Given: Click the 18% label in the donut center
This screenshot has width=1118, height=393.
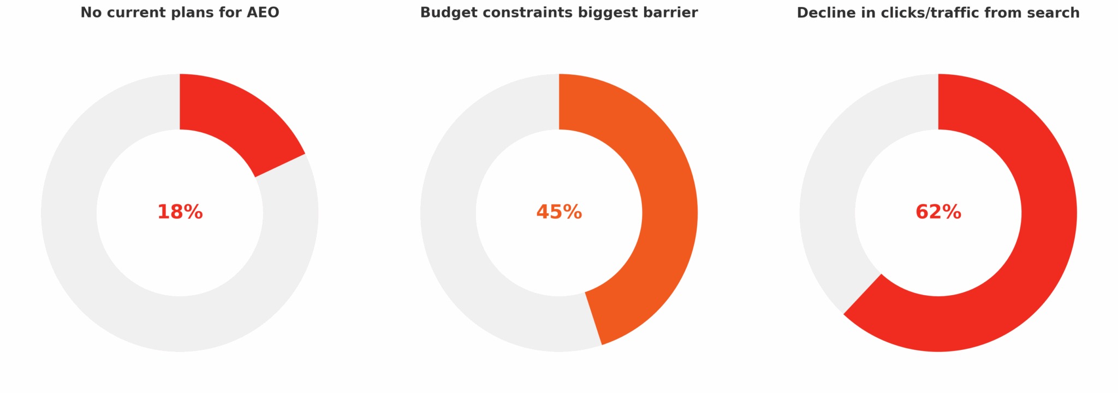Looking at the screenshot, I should click(x=180, y=212).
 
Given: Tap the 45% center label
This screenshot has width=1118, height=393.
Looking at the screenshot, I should click(x=559, y=212).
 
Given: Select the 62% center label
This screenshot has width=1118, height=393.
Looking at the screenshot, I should click(x=938, y=212).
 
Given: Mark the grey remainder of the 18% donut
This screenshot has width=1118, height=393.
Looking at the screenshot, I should click(x=109, y=262).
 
